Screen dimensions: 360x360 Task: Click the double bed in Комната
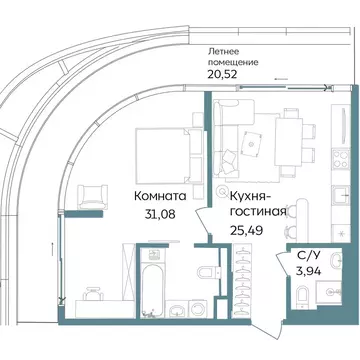157,150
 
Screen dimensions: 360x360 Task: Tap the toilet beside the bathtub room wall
204,271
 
